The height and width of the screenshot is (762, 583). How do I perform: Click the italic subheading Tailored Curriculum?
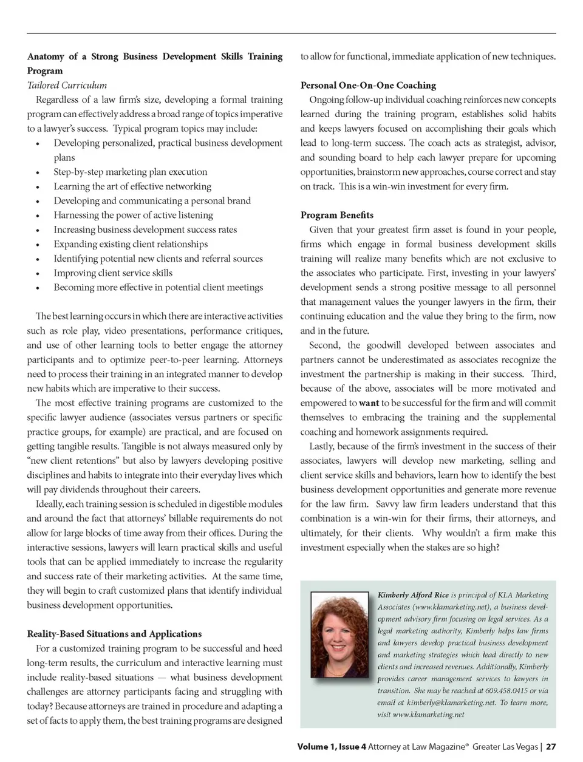coord(67,86)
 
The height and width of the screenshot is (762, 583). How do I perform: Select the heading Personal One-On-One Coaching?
coord(368,86)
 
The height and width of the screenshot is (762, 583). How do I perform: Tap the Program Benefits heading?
coord(336,216)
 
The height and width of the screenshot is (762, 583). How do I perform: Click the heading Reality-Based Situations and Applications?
coord(114,634)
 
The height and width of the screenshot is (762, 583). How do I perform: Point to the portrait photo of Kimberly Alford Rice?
coord(339,634)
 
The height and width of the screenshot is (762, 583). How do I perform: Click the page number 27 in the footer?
coord(551,747)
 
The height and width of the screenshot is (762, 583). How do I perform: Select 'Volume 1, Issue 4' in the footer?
coord(332,747)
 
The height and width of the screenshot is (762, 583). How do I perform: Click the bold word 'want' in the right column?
coord(369,403)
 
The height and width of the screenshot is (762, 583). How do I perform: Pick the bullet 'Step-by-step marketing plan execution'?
coord(130,172)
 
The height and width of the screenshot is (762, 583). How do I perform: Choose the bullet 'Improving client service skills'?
coord(113,273)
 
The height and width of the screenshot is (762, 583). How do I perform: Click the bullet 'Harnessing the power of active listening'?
coord(133,216)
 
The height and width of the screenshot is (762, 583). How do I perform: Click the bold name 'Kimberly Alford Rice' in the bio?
coord(413,595)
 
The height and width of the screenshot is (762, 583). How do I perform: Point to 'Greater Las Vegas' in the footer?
coord(505,747)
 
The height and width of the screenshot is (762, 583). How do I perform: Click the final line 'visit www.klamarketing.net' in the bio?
coord(421,715)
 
